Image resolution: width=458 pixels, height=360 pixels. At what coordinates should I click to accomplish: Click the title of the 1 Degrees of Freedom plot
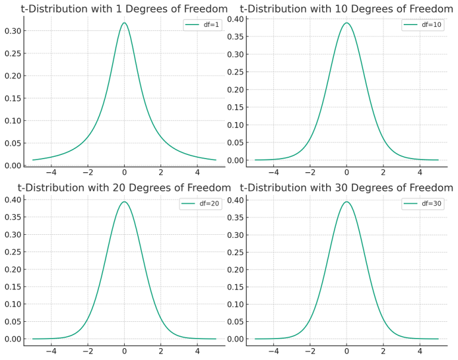point(124,8)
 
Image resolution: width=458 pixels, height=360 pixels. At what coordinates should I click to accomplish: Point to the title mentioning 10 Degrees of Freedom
point(346,8)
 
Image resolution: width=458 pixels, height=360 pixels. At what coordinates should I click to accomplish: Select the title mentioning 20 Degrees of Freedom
point(124,187)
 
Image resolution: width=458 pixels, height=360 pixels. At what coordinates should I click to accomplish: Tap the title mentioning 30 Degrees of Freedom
point(346,187)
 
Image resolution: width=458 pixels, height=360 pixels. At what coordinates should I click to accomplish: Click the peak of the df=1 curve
point(124,23)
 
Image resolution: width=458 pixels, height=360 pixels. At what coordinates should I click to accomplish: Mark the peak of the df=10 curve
point(346,23)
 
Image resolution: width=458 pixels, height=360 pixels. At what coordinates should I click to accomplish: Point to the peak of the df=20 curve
point(124,201)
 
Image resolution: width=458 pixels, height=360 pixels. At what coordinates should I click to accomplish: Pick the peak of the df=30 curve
point(346,201)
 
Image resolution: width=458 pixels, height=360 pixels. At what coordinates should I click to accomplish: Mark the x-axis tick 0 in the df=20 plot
point(124,352)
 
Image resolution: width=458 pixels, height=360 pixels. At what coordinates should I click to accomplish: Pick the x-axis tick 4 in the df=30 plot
point(420,352)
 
